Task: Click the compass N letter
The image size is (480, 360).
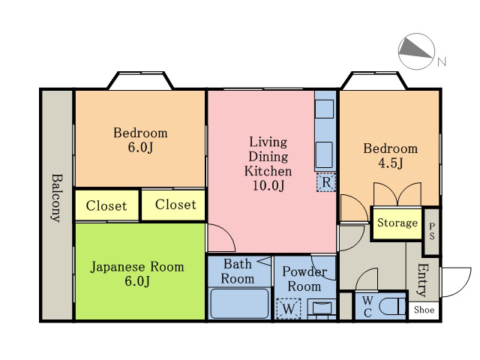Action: tap(442, 61)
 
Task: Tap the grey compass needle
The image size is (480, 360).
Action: tap(413, 48)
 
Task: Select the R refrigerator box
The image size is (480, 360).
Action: tap(326, 182)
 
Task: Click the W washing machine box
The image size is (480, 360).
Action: tap(288, 308)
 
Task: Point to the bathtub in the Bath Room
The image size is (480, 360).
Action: tap(240, 303)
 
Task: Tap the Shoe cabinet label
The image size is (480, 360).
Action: tap(424, 310)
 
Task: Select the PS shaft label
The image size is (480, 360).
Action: tap(432, 232)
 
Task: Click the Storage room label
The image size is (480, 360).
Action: tap(397, 223)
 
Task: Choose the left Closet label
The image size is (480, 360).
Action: tap(106, 205)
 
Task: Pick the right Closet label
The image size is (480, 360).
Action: tap(175, 205)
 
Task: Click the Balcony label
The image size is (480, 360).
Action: tap(57, 198)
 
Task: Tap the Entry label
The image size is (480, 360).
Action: tap(423, 280)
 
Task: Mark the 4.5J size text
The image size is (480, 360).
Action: tap(391, 163)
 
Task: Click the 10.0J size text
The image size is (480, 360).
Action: tap(268, 185)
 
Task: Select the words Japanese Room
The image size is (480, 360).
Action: tap(137, 267)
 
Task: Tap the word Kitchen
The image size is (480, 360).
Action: tap(268, 171)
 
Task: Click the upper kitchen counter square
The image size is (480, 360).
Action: tap(324, 109)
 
